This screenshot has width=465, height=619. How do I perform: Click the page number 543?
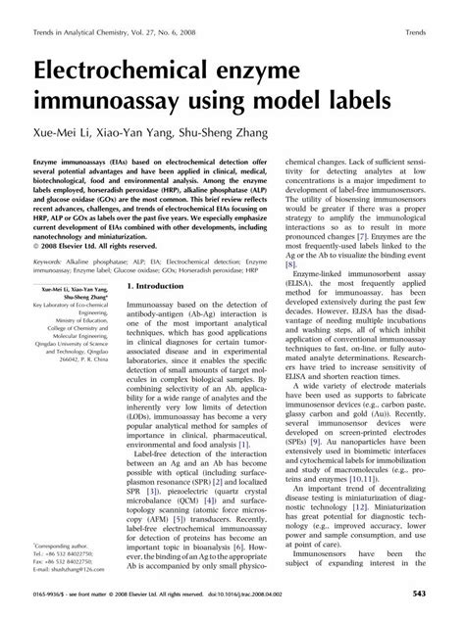point(439,595)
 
